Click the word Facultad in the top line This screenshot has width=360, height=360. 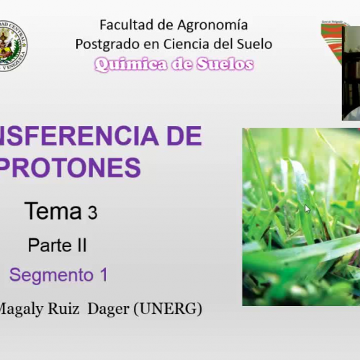tap(122, 25)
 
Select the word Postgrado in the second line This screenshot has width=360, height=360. tap(106, 44)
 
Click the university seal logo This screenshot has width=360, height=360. tap(12, 45)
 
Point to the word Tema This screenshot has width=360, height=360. tap(53, 212)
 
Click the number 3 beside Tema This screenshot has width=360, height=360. tap(92, 213)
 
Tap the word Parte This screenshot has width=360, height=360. tap(48, 245)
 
